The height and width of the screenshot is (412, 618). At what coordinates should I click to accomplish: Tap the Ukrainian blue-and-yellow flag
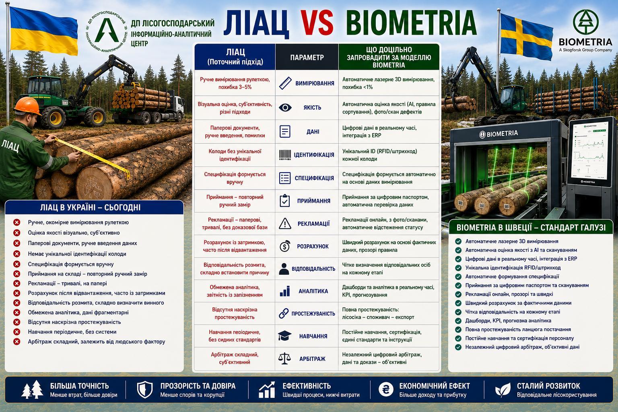point(43,31)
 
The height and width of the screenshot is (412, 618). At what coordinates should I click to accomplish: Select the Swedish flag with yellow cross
point(526,37)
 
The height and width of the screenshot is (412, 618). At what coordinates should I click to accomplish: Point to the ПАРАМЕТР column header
point(307,58)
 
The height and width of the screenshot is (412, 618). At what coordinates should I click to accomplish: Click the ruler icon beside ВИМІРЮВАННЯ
point(285,83)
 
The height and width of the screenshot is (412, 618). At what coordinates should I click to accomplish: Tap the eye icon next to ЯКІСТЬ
point(285,107)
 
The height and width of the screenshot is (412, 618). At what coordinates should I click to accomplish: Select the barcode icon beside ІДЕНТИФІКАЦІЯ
point(285,155)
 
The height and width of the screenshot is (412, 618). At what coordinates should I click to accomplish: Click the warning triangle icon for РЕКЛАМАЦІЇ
point(285,224)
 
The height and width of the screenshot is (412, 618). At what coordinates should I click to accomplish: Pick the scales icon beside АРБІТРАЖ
point(285,358)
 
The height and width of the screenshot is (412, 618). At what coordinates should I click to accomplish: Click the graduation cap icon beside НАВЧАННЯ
point(285,336)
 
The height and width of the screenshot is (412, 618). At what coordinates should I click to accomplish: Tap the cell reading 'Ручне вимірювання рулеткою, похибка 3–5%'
point(235,83)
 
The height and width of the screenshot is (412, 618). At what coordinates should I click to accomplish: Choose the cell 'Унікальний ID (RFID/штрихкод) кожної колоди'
point(380,155)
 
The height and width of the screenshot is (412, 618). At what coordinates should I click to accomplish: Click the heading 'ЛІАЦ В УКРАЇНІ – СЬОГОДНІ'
point(90,207)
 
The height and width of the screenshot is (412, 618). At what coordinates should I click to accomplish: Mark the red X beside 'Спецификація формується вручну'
point(17,264)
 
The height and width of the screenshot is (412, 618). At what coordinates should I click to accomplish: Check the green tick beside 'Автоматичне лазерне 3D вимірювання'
point(458,241)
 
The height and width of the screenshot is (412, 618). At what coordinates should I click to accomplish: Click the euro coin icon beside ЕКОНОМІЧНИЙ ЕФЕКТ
point(386,389)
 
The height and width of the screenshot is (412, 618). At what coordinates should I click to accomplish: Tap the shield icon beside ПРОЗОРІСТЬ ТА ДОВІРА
point(145,389)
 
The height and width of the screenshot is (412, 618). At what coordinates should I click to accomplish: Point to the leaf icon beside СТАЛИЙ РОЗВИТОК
point(503,389)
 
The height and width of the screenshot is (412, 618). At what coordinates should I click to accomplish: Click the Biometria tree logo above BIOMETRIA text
point(585,22)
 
